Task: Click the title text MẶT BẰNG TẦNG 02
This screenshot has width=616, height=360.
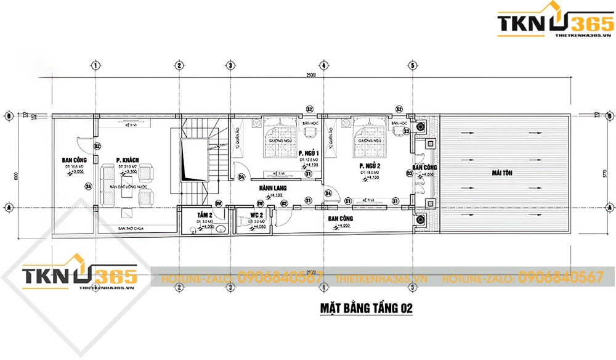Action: [x=366, y=307]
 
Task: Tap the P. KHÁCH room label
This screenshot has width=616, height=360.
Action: [x=128, y=160]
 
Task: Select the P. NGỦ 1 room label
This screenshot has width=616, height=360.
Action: [x=307, y=153]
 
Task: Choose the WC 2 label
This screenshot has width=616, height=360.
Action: [x=257, y=215]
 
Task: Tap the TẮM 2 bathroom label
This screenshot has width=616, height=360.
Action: [x=205, y=215]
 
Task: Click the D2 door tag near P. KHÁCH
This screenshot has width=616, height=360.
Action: [x=97, y=146]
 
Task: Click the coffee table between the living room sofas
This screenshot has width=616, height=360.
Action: [x=128, y=190]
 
